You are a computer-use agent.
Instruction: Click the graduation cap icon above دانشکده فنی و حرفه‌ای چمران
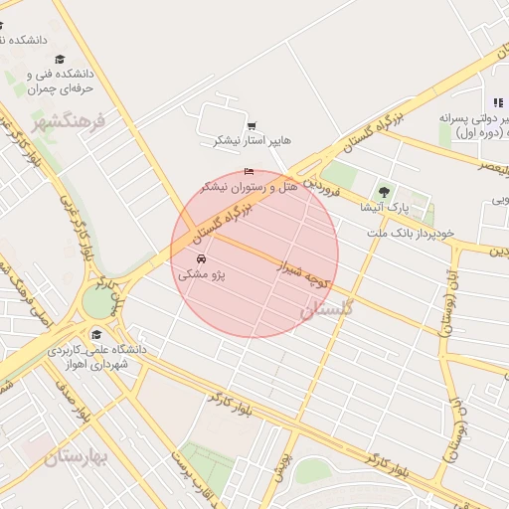click(x=60, y=60)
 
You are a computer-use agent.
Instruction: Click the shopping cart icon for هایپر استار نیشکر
click(x=252, y=125)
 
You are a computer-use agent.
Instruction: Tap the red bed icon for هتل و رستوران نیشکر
click(x=249, y=173)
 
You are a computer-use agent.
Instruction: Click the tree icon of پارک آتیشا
click(x=384, y=192)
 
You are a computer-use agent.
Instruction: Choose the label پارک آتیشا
click(x=383, y=208)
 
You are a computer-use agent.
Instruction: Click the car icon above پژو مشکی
click(x=202, y=260)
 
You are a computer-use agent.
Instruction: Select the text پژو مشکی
click(x=202, y=275)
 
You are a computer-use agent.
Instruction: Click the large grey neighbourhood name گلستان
click(x=326, y=309)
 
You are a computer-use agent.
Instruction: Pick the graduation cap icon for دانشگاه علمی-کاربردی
click(x=96, y=334)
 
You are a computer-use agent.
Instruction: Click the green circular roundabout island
click(x=99, y=300)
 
